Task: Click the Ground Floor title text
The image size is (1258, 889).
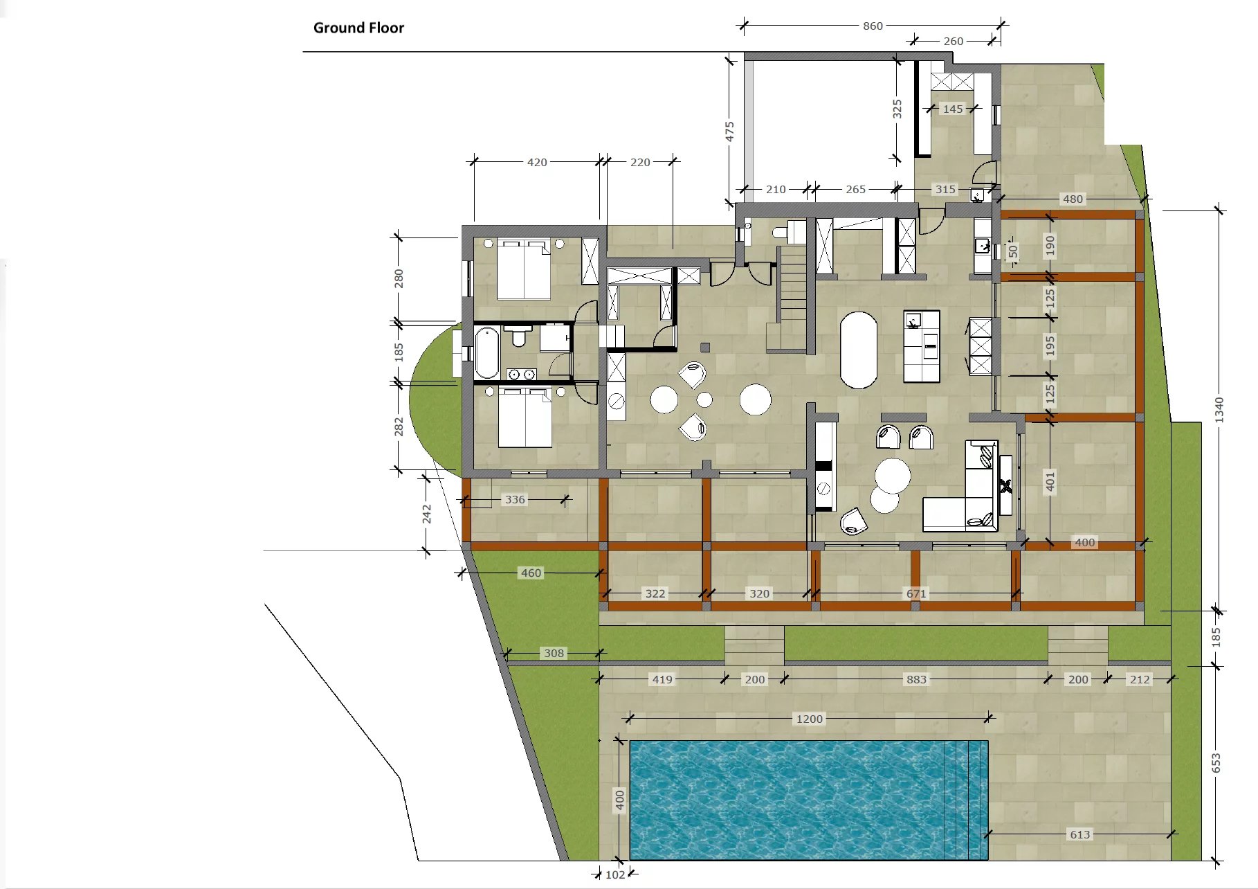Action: tap(358, 28)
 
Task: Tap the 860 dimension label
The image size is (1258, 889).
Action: tap(873, 26)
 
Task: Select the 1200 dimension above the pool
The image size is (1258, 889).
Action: tap(809, 719)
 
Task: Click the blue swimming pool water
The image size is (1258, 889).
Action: tap(808, 800)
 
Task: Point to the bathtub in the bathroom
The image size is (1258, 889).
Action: tap(486, 352)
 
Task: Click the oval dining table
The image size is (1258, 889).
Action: tap(858, 350)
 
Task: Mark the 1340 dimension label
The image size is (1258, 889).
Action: tap(1219, 411)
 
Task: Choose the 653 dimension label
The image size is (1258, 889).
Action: tap(1216, 763)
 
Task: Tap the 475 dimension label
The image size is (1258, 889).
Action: tap(729, 132)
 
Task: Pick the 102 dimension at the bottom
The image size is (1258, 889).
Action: tap(615, 874)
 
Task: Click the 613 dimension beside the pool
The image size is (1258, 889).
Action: tap(1079, 834)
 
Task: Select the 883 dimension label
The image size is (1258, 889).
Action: tap(916, 679)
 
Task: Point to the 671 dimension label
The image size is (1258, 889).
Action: tap(916, 593)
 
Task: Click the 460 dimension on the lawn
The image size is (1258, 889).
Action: tap(531, 573)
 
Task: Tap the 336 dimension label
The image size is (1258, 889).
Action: tap(515, 499)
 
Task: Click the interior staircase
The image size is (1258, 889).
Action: tap(791, 298)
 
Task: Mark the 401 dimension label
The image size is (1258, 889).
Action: tap(1050, 481)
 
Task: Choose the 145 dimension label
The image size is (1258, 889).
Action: tap(953, 109)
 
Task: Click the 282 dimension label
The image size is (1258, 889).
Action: tap(399, 426)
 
